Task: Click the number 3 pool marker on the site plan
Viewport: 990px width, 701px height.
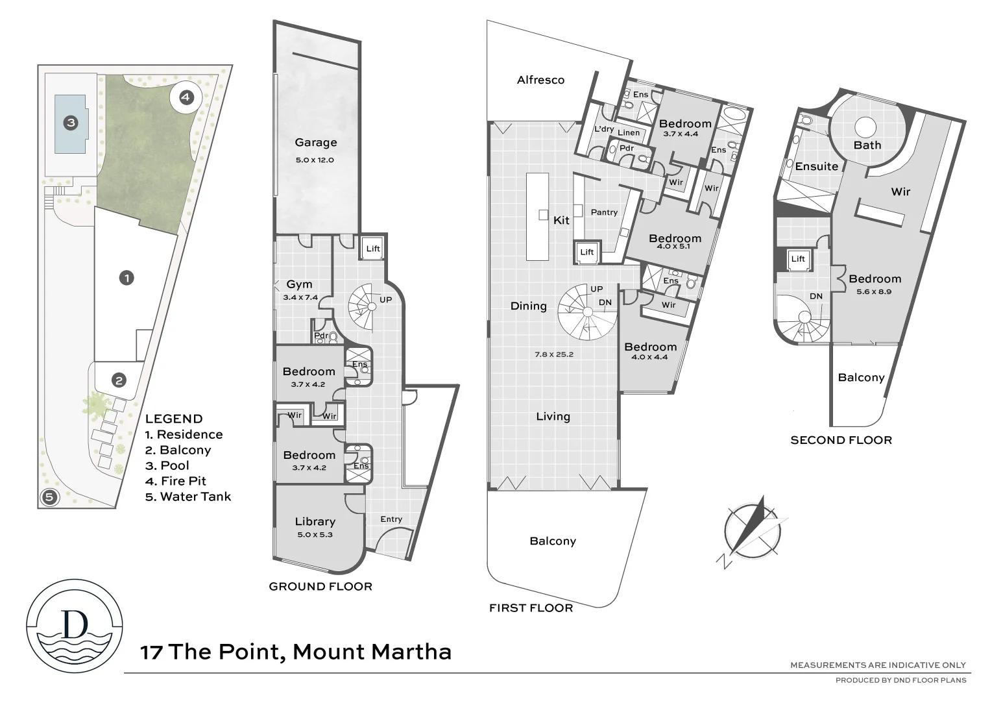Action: (x=71, y=123)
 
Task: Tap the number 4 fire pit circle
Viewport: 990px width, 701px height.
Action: (x=186, y=97)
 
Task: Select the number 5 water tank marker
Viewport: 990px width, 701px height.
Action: (x=49, y=497)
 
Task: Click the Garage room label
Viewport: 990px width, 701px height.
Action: (x=315, y=142)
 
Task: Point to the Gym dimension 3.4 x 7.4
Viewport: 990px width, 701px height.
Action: (x=300, y=298)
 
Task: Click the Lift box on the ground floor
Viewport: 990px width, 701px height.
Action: (x=372, y=249)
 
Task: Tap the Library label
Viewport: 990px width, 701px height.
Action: (x=315, y=522)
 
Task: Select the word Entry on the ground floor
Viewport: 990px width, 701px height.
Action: (x=391, y=520)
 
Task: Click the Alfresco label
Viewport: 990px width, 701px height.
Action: (x=540, y=80)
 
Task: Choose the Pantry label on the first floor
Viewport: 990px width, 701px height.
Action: (x=604, y=213)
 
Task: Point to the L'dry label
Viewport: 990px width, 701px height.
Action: (x=604, y=129)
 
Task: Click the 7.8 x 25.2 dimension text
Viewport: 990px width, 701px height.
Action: (x=554, y=354)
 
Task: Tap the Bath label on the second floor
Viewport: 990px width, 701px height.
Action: (x=867, y=145)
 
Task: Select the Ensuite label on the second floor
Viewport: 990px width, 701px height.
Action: (x=816, y=166)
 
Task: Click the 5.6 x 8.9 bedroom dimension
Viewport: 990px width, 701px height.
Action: (x=875, y=292)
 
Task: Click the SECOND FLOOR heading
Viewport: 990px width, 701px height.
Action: (x=841, y=440)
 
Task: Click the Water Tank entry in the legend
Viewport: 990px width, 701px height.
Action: (x=188, y=497)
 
